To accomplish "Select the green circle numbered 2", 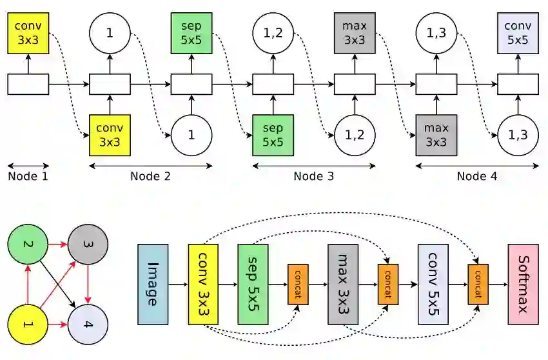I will point(26,246).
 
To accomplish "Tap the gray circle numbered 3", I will point(87,246).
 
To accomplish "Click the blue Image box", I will point(153,284).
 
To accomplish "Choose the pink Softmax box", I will point(523,284).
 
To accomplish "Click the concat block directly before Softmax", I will point(478,284).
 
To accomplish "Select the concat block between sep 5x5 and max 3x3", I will point(298,284).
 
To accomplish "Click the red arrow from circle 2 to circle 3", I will point(57,246).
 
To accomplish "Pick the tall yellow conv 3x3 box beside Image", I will point(204,284).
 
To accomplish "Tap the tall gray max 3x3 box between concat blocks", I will point(342,284).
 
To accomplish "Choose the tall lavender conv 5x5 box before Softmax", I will point(433,284).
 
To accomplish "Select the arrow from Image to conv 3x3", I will point(178,284).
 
